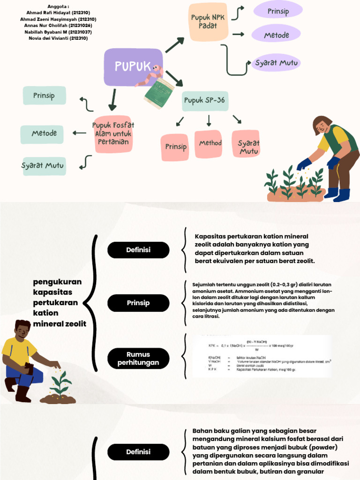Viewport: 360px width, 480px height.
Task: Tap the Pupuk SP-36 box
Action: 205,101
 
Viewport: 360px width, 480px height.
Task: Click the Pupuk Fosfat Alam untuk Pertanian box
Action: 112,133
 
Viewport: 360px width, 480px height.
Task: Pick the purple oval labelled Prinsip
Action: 277,12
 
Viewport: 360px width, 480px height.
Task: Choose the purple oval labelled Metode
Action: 277,35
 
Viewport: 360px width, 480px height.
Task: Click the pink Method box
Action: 210,143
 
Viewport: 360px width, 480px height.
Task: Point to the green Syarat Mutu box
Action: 44,165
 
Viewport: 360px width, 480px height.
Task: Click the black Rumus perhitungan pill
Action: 138,359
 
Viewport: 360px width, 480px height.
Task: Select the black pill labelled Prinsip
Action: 138,303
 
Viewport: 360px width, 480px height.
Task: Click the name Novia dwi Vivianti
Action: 58,38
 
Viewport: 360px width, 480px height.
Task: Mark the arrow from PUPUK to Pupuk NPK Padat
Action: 174,45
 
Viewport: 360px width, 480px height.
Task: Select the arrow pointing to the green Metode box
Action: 80,133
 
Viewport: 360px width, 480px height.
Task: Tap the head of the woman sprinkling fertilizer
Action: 322,124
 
